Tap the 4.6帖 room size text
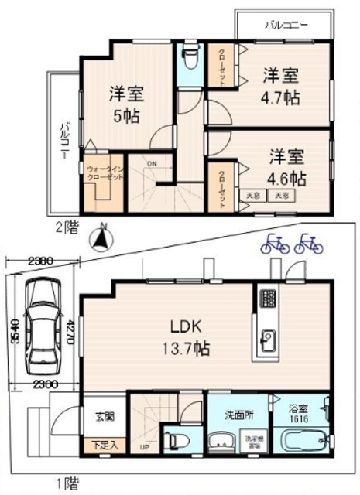click(x=286, y=178)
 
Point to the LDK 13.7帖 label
click(x=190, y=336)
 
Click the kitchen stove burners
click(x=267, y=299)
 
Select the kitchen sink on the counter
click(x=268, y=338)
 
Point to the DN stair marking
click(x=152, y=163)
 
